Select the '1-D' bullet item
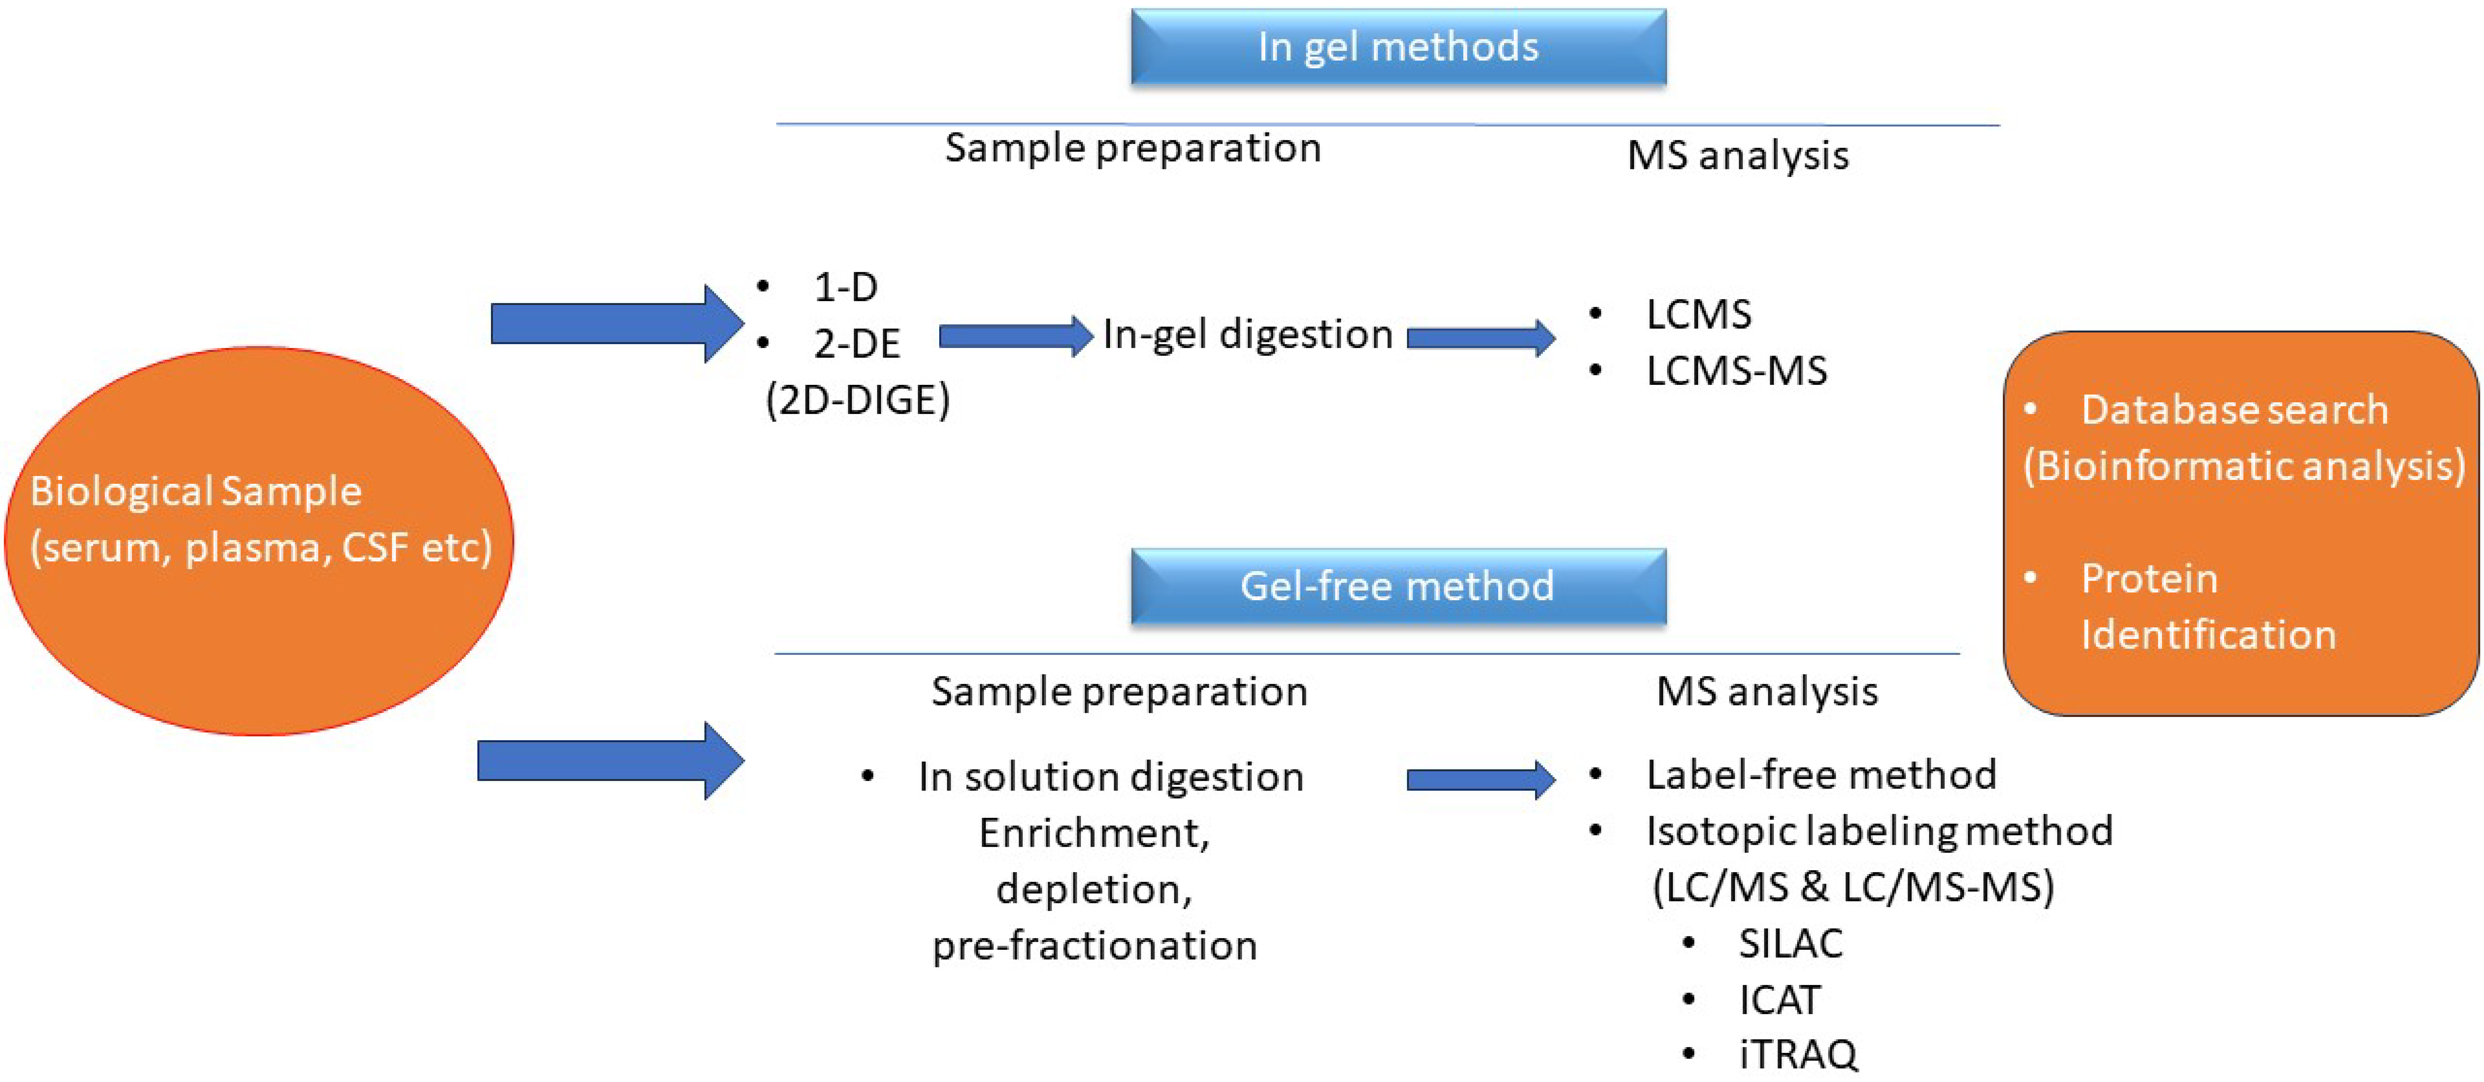(845, 286)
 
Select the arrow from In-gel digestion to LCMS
(1480, 337)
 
